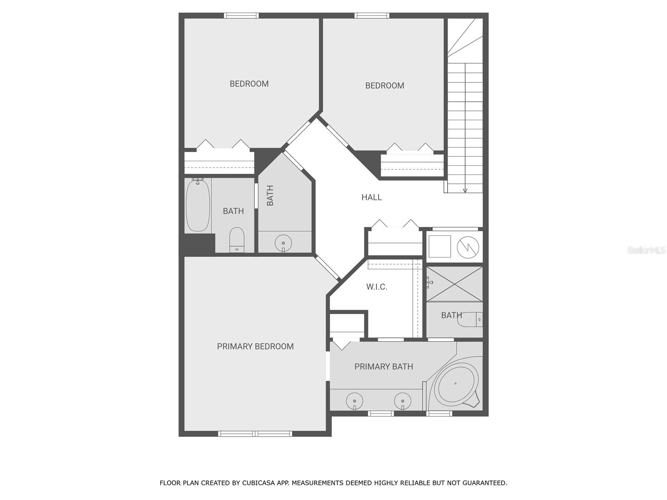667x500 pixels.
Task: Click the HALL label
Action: coord(371,197)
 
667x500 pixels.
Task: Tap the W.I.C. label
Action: coord(376,287)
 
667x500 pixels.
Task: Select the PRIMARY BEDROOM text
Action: coord(255,346)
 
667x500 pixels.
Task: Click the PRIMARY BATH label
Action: coord(384,367)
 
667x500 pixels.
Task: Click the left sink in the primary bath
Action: coord(355,401)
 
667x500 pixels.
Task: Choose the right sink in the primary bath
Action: coord(403,401)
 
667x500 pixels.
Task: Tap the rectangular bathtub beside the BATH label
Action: coord(198,205)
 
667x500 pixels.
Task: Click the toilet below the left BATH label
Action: coord(237,240)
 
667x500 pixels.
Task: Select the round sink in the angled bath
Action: coord(283,243)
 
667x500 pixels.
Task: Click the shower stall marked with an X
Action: coord(454,284)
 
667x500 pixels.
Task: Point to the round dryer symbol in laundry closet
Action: coord(468,247)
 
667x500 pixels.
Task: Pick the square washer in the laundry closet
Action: coord(440,246)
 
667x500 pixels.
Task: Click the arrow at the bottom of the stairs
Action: coord(465,191)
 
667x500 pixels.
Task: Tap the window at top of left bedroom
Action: coord(241,15)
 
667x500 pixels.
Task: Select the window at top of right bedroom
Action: coord(371,15)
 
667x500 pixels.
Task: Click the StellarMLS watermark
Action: coord(646,250)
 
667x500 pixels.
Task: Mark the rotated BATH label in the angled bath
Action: coord(270,195)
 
